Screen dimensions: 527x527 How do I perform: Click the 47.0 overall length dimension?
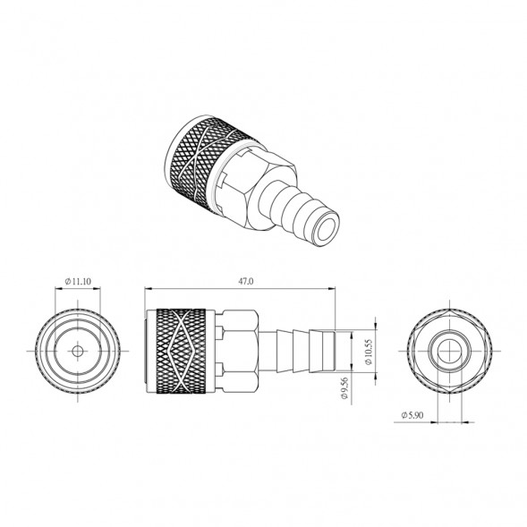(x=246, y=281)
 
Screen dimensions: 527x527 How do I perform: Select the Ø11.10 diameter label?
(x=78, y=281)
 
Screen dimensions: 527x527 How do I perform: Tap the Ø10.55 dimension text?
(x=369, y=352)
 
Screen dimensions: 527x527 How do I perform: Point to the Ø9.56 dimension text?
(x=344, y=387)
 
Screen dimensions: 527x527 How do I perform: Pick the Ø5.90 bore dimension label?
(x=412, y=415)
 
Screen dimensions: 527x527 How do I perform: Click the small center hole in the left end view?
(x=78, y=352)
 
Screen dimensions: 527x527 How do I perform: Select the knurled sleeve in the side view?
(x=182, y=352)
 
